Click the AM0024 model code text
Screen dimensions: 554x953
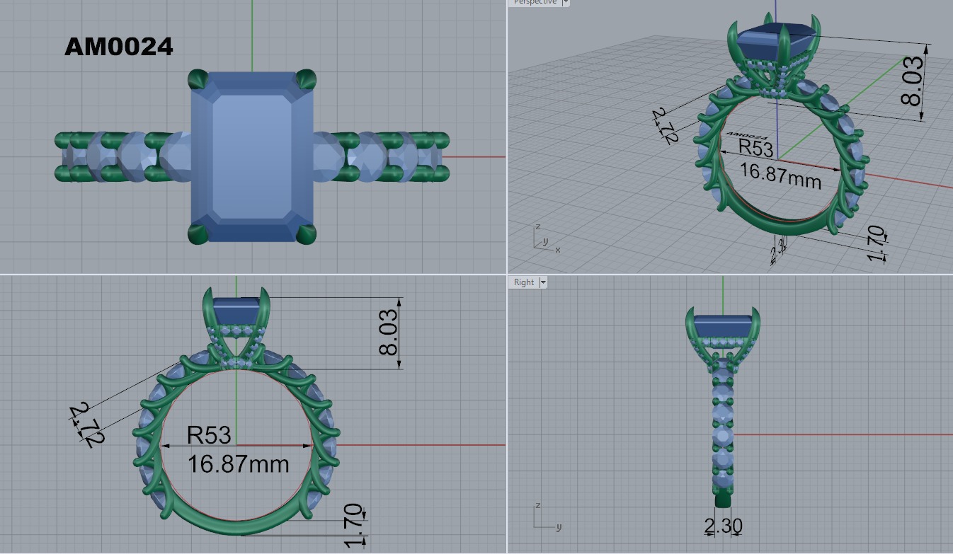(118, 47)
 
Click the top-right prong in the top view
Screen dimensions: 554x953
(306, 78)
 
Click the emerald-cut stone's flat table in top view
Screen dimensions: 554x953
(251, 156)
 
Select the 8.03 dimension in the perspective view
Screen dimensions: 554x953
(913, 80)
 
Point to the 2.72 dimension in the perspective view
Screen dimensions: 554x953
(663, 126)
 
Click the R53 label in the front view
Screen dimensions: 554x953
(209, 434)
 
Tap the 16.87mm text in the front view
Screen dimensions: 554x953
(238, 464)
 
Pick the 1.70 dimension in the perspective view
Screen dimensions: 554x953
(877, 243)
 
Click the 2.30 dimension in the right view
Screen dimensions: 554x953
(723, 526)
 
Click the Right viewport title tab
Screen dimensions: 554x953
(523, 282)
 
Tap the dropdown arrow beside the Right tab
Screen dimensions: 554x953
(543, 282)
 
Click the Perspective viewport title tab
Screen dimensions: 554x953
(535, 2)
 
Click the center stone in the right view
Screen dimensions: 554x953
(722, 328)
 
